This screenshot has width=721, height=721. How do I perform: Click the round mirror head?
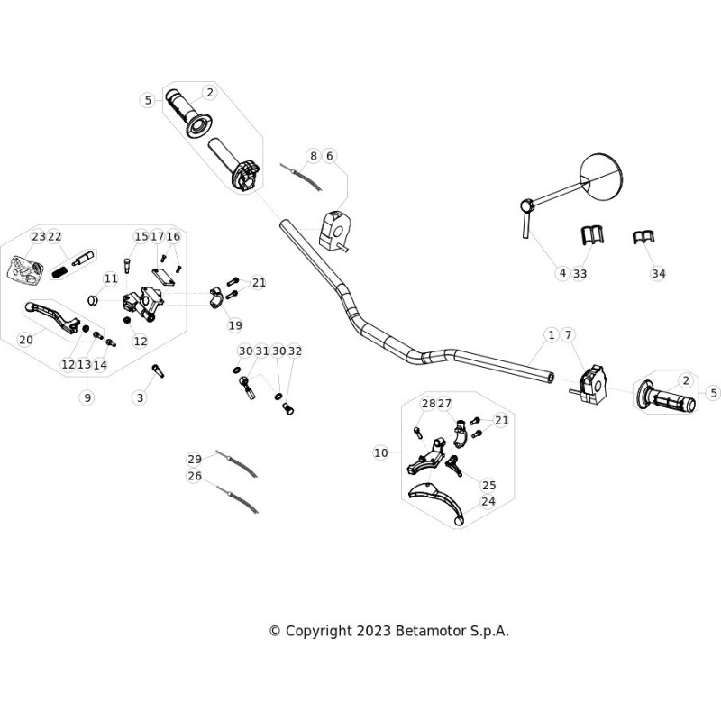pos(602,178)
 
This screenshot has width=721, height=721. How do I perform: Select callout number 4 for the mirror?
pos(562,273)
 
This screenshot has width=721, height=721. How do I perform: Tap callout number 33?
pos(580,274)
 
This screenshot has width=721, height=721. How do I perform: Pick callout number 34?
pos(659,274)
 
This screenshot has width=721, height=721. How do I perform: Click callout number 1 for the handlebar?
pos(552,334)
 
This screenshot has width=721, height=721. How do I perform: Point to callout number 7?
pos(569,334)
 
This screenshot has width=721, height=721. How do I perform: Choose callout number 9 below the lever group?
pos(87,397)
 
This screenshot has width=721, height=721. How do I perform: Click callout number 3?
pos(141,397)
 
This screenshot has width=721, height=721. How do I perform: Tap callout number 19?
pos(235,325)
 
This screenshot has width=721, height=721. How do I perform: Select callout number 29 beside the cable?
pos(195,459)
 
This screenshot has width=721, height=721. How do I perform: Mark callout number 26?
pos(195,476)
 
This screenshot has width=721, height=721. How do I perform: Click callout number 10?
pos(380,452)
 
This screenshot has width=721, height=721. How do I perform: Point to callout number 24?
pos(488,501)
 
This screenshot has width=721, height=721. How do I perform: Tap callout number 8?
pos(313,156)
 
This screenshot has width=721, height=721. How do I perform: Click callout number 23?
pos(38,236)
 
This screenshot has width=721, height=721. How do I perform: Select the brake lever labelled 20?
pos(52,316)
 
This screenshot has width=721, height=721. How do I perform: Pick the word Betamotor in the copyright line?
pos(431,631)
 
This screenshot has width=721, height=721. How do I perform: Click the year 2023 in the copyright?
pos(373,631)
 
